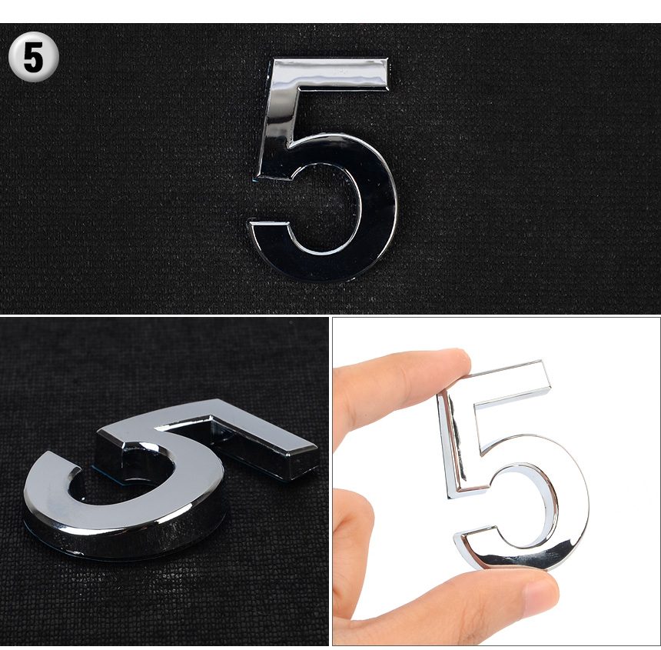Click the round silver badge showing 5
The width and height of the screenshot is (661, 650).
[33, 56]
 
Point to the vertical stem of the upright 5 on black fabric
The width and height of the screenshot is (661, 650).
[276, 122]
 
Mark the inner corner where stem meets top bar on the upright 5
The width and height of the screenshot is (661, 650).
[298, 89]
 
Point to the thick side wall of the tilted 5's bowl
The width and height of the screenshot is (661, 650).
[127, 540]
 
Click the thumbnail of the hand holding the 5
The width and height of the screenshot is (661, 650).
[541, 592]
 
